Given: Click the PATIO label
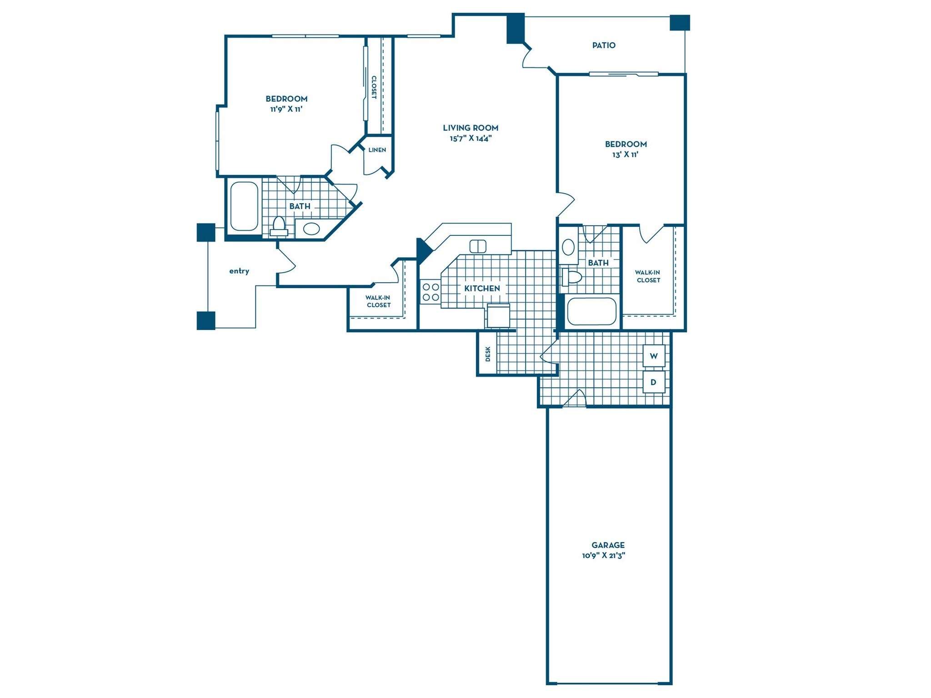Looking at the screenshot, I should coord(603,45).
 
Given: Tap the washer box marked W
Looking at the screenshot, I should coord(654,356).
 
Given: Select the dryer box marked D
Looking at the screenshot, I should coord(654,382).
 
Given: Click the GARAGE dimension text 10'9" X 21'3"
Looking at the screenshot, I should coord(603,555).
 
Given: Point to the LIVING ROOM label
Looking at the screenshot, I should coord(471,128).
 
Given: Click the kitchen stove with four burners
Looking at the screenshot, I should coord(430,292).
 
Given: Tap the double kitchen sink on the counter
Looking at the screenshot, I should coord(477,246).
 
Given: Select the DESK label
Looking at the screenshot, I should coord(488,354).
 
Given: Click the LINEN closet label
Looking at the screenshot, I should coord(377,150).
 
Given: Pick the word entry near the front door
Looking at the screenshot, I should coord(239,271).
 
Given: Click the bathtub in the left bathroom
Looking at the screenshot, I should coord(244,206).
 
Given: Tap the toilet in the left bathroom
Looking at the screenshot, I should coord(279,226).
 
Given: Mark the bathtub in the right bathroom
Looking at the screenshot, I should coord(591,311).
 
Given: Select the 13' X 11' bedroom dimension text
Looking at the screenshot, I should coord(625,155).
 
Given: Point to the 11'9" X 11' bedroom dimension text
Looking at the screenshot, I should coord(286,109).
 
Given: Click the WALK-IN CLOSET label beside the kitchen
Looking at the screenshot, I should coord(378,301).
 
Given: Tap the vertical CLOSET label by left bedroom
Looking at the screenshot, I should coord(374,87).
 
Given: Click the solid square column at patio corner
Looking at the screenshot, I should coord(680,23).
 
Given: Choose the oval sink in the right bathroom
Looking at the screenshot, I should coord(568,248).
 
